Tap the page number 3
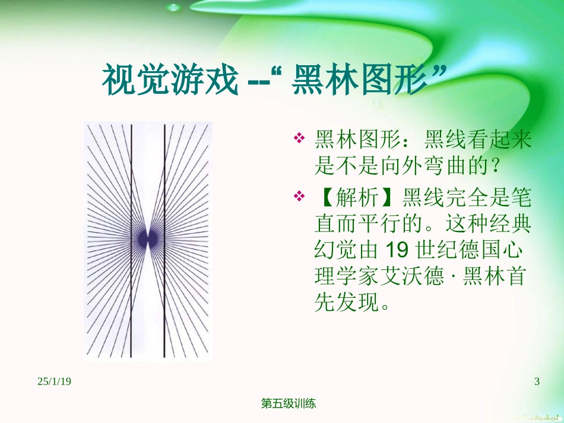[537, 381]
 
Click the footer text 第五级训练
[289, 404]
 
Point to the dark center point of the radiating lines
[147, 238]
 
